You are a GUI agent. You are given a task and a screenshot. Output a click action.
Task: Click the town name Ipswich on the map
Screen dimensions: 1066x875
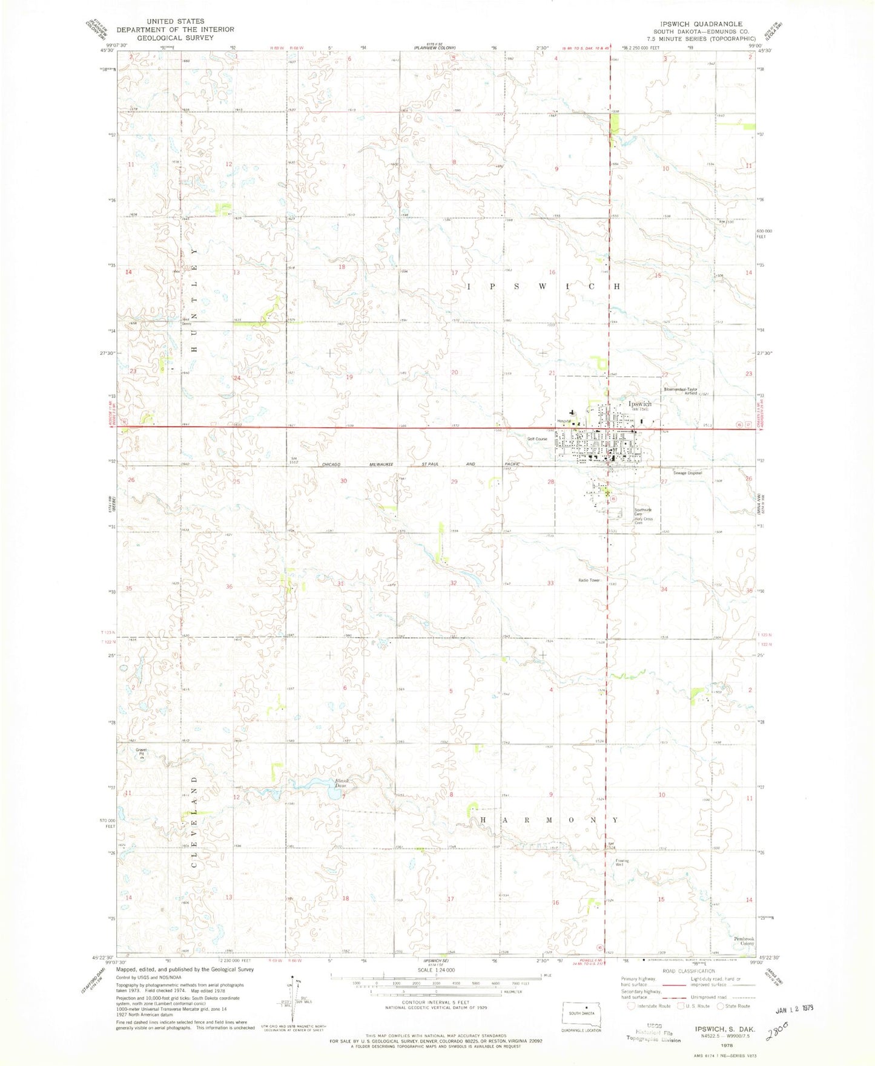point(639,404)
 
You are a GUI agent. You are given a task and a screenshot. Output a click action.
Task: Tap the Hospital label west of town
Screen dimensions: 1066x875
point(564,421)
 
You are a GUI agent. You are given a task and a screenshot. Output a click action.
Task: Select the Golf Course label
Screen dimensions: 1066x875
point(537,439)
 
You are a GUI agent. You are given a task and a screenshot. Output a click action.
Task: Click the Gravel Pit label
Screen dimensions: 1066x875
point(141,752)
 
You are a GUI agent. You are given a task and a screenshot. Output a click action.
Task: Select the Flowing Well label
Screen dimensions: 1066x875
point(622,862)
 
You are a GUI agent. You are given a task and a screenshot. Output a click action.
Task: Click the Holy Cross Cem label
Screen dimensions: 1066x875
point(643,521)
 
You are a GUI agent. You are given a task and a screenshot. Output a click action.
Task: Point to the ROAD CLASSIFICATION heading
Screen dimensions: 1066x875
point(687,971)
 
